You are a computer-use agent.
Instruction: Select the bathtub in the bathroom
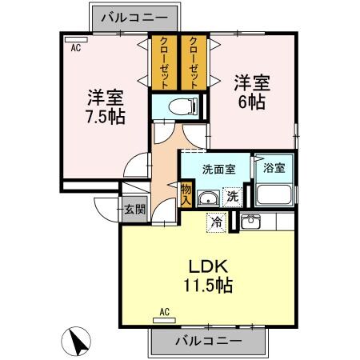click(x=274, y=195)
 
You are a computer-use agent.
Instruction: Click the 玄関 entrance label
click(x=134, y=210)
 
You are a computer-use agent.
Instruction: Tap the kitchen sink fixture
click(x=250, y=221)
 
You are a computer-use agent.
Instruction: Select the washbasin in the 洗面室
click(x=207, y=200)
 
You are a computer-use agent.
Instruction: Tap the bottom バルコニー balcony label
click(x=208, y=342)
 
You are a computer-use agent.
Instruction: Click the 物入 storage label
click(x=186, y=194)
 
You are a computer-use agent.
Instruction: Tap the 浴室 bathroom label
click(x=274, y=167)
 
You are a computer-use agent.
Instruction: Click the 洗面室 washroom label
click(x=216, y=170)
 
